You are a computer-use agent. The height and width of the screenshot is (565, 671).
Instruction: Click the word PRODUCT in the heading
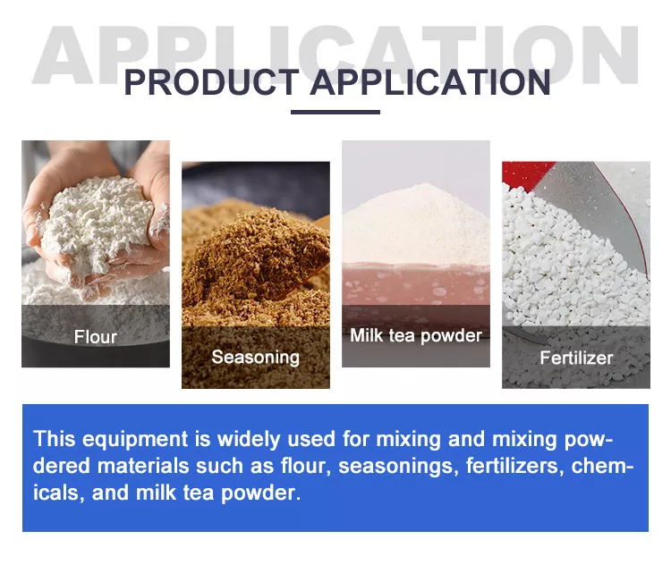pos(211,82)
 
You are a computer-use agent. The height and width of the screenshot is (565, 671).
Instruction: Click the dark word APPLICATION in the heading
pos(430,82)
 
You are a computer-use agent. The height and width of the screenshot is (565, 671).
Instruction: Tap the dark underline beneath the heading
pos(335,112)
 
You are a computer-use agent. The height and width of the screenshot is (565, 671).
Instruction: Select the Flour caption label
pos(96,337)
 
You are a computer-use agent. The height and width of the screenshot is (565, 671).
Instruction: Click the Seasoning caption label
pos(256,358)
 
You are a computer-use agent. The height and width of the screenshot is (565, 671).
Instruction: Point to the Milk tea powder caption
pos(416,336)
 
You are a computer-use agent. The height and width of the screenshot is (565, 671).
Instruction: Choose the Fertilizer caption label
pos(576,358)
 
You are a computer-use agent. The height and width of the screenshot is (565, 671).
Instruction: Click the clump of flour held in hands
pos(97,223)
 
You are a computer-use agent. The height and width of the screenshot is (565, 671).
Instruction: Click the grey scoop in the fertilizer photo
pos(599,214)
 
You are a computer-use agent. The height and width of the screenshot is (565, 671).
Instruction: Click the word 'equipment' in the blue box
pos(135,440)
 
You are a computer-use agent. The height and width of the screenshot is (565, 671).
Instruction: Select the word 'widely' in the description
pos(249,440)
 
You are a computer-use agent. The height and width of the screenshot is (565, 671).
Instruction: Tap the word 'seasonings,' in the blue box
pos(395,466)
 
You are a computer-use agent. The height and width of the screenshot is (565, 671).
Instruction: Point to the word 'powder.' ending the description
pos(261,493)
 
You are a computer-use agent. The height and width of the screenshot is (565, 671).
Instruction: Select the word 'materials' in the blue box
pos(143,466)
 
